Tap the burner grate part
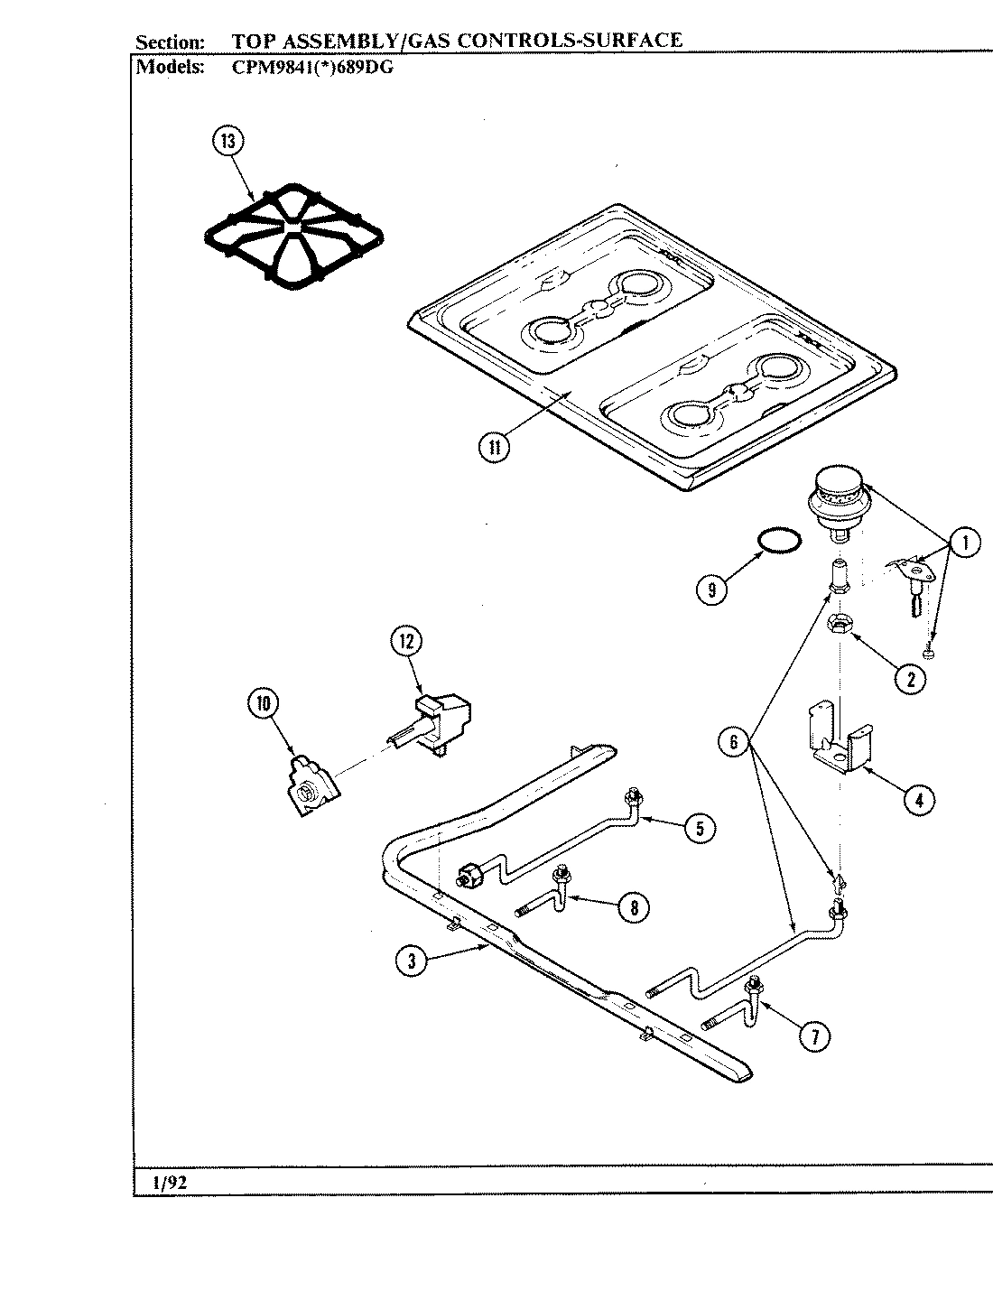pyautogui.click(x=293, y=237)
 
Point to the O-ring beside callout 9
pyautogui.click(x=777, y=541)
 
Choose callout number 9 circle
pyautogui.click(x=712, y=590)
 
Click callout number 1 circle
pyautogui.click(x=965, y=543)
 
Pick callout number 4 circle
pyautogui.click(x=918, y=800)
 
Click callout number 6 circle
pyautogui.click(x=734, y=742)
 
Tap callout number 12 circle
pyautogui.click(x=406, y=641)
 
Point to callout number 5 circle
pyautogui.click(x=701, y=827)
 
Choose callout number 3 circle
pyautogui.click(x=411, y=961)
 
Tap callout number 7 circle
pyautogui.click(x=815, y=1035)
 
